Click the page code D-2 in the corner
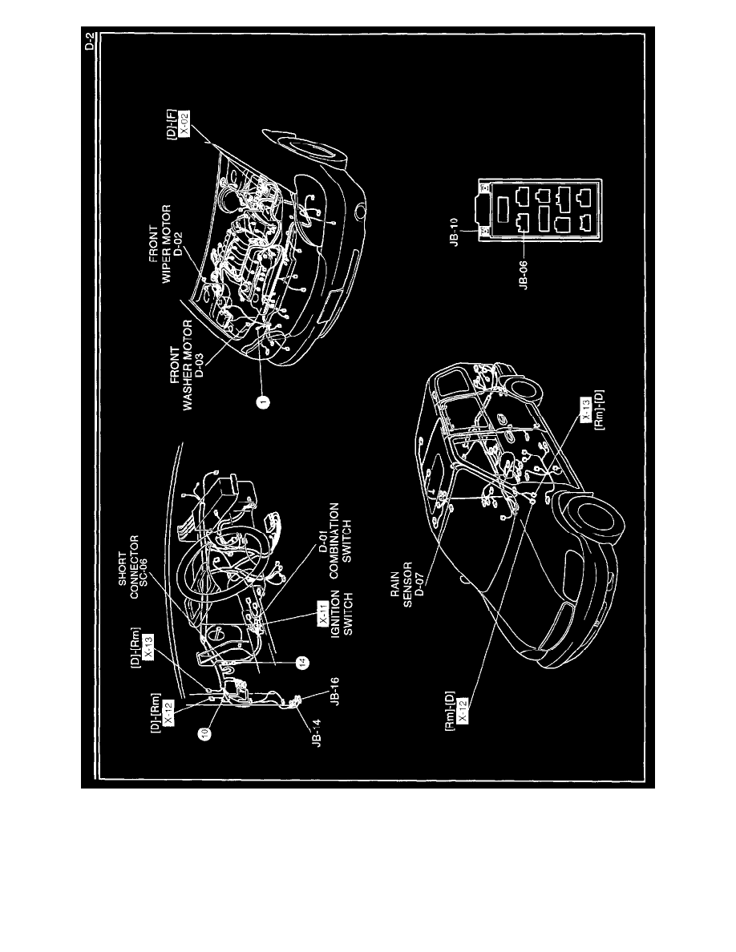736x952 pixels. [x=89, y=42]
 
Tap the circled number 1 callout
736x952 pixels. [x=262, y=401]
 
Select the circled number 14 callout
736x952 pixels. [x=301, y=663]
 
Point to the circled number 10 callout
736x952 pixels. [x=206, y=733]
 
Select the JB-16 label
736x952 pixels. [x=334, y=692]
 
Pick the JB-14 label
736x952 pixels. [x=317, y=733]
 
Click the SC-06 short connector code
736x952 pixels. [x=144, y=567]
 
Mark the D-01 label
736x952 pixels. [x=324, y=539]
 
